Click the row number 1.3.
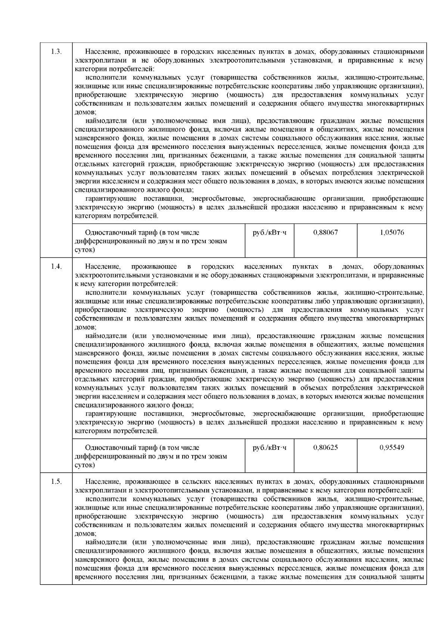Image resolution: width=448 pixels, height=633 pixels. pyautogui.click(x=56, y=51)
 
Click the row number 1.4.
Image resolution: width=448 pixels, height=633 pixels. pyautogui.click(x=56, y=267)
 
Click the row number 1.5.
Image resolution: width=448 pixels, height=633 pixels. pyautogui.click(x=56, y=482)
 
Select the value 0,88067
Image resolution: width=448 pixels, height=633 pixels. pyautogui.click(x=326, y=232)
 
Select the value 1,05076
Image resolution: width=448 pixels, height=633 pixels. pyautogui.click(x=392, y=232)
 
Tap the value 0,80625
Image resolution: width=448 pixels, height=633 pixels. pyautogui.click(x=326, y=448)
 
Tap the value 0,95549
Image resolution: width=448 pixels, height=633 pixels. pyautogui.click(x=392, y=448)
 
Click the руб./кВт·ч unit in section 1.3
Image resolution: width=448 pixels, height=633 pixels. pyautogui.click(x=270, y=232)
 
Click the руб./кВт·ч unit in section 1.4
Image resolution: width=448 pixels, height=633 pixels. pyautogui.click(x=270, y=448)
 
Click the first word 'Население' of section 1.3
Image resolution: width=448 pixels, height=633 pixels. pyautogui.click(x=100, y=51)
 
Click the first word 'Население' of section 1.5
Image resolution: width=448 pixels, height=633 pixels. pyautogui.click(x=100, y=482)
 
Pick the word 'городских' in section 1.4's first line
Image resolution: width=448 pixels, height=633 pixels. pyautogui.click(x=218, y=267)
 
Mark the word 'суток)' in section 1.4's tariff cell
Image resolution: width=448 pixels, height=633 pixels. pyautogui.click(x=85, y=465)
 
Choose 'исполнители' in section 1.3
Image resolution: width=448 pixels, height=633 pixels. pyautogui.click(x=105, y=78)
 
